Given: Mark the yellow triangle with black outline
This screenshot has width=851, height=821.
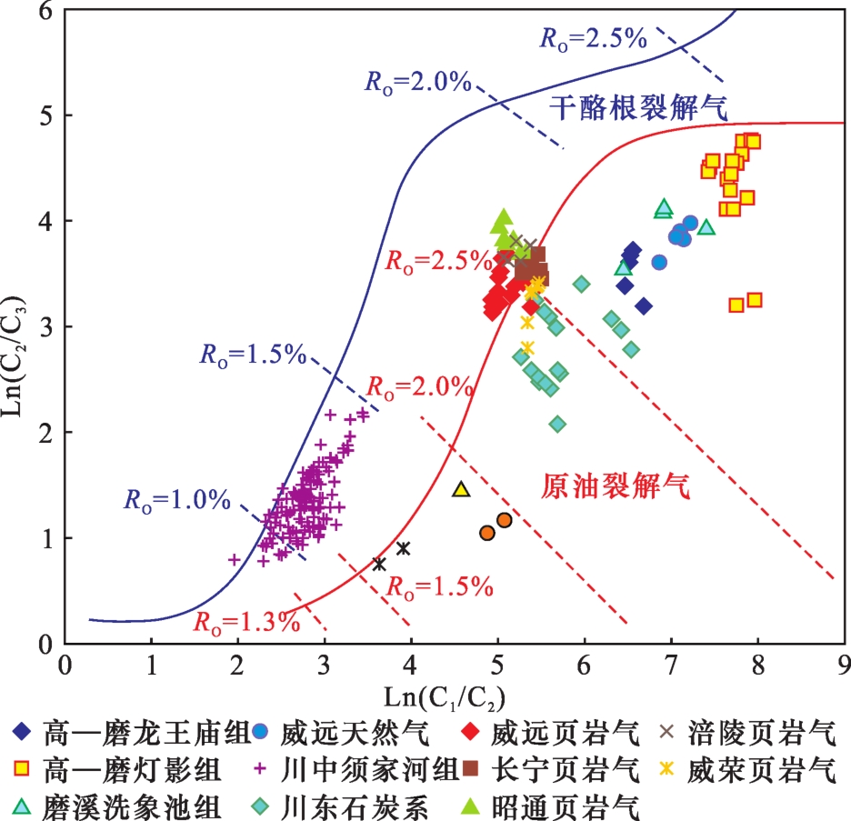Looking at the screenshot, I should [461, 490].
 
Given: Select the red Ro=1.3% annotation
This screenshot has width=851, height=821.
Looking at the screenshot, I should [245, 623].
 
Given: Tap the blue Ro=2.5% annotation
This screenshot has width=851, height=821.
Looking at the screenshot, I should [593, 38].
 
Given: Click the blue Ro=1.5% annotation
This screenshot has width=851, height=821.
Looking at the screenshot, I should [254, 355].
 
